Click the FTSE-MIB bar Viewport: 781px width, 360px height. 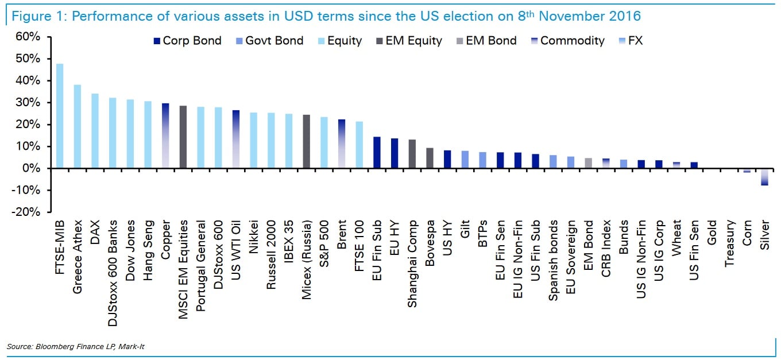[60, 115]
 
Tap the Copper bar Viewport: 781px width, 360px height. [165, 136]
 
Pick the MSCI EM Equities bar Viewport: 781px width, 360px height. [183, 137]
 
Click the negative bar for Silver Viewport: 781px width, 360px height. [764, 177]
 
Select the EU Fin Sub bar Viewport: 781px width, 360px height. [377, 152]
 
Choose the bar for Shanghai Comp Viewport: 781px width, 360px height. [412, 154]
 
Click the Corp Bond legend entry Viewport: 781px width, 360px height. [187, 41]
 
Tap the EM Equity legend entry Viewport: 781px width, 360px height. [408, 41]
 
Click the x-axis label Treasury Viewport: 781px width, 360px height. [729, 243]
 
